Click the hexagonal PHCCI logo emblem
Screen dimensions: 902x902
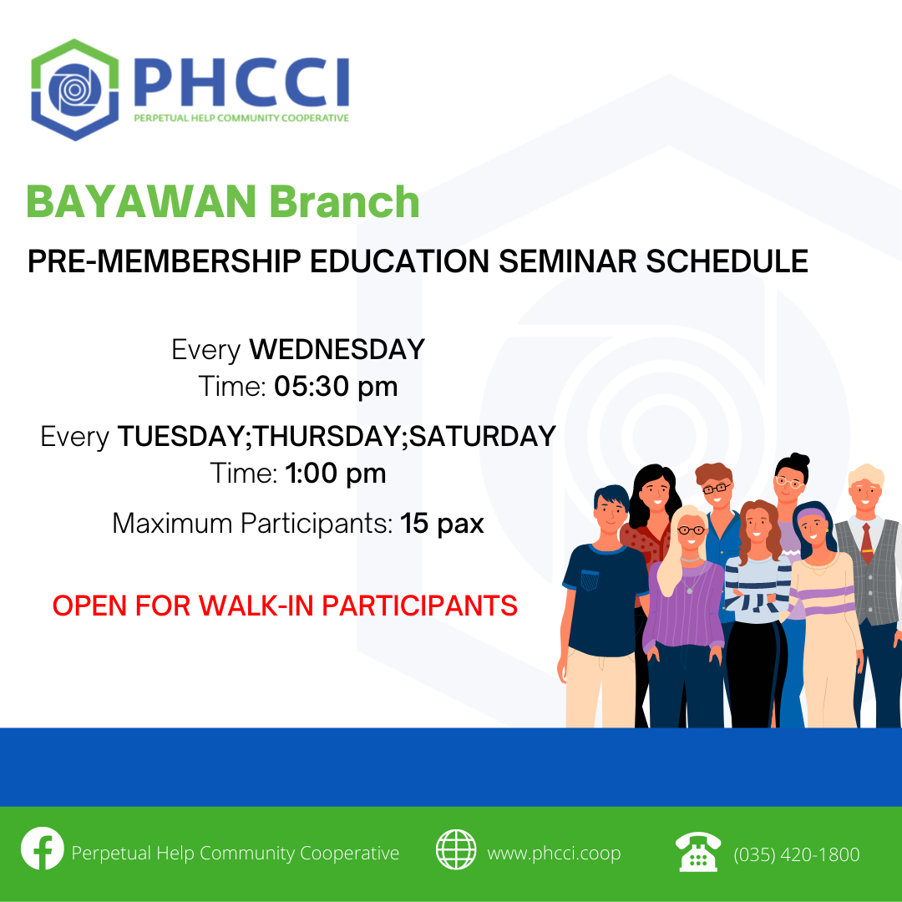[x=75, y=89]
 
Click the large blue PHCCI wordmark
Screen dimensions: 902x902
[x=241, y=82]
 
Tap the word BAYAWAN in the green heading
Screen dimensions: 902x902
[x=141, y=202]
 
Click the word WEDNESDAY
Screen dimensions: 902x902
[x=337, y=350]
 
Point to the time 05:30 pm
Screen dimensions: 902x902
[x=336, y=387]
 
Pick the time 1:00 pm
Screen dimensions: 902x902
[x=336, y=474]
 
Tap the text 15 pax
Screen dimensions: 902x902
[x=443, y=524]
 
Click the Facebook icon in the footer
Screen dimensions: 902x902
[x=43, y=849]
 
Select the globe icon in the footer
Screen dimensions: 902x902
[x=456, y=849]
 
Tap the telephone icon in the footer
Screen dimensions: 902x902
[x=698, y=851]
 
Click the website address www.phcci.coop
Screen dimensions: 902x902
[x=554, y=854]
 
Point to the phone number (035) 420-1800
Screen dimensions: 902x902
[x=797, y=855]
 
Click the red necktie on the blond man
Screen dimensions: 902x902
[x=866, y=544]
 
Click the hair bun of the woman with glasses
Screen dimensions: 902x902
[x=799, y=459]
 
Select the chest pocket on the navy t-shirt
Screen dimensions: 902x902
[x=590, y=580]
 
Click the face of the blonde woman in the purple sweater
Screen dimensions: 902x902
[x=691, y=531]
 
